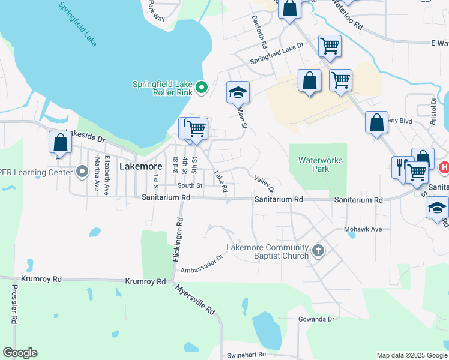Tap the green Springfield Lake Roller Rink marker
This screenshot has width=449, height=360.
click(202, 88)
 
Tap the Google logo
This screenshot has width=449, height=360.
click(20, 353)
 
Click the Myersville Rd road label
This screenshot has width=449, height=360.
click(196, 299)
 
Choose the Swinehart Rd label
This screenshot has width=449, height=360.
click(246, 355)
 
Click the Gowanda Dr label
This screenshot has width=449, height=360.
click(315, 319)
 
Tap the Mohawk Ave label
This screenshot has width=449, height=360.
click(363, 229)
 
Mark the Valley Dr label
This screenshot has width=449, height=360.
click(264, 184)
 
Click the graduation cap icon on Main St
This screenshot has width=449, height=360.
click(238, 92)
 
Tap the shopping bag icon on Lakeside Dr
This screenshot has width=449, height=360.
click(60, 142)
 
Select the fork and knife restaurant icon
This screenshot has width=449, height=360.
click(401, 167)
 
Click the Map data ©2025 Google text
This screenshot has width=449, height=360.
click(411, 355)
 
